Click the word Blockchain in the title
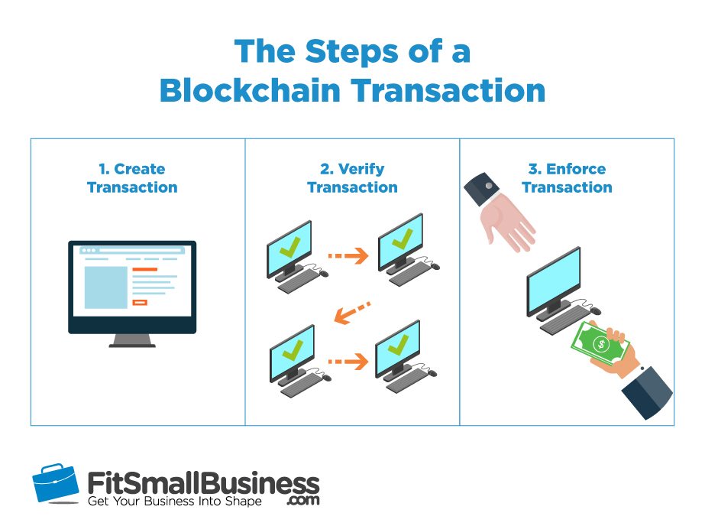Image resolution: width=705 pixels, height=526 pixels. click(x=250, y=90)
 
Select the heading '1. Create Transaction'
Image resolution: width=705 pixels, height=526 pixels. click(x=132, y=178)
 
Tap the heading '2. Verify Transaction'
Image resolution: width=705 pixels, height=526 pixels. click(x=352, y=178)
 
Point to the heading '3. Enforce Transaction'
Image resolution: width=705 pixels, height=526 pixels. click(x=567, y=178)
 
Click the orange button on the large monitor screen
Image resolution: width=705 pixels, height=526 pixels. click(x=140, y=302)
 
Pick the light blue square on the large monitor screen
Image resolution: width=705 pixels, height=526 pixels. click(x=106, y=287)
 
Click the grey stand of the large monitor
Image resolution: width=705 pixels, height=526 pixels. click(x=132, y=341)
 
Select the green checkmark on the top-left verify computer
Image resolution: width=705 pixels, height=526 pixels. click(x=289, y=247)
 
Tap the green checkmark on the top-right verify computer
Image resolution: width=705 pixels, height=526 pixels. click(x=402, y=239)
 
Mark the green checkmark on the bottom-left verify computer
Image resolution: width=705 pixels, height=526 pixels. click(x=293, y=349)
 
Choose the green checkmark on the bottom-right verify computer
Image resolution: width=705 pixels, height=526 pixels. click(x=398, y=344)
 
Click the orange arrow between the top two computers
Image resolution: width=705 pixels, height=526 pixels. click(x=348, y=255)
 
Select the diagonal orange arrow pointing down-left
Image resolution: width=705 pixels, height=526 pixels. click(x=353, y=312)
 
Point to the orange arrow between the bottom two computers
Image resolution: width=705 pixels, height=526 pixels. click(x=348, y=362)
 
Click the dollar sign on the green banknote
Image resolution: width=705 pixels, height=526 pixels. click(x=600, y=345)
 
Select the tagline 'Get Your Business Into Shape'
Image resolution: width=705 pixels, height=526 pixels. click(x=174, y=502)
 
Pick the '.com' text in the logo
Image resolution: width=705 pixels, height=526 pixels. click(x=303, y=500)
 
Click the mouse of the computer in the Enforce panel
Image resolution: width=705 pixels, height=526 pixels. click(x=595, y=310)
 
